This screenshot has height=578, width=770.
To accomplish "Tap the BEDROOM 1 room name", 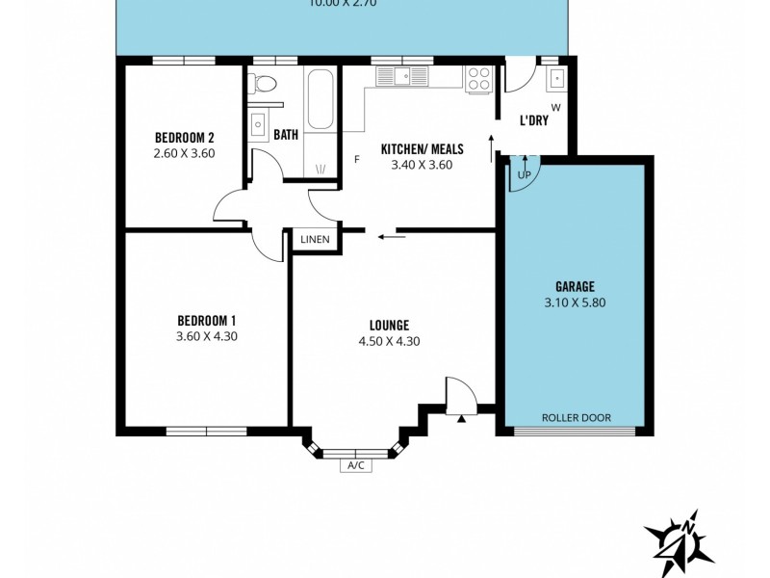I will (206, 320).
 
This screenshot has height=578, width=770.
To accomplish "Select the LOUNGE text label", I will (389, 325).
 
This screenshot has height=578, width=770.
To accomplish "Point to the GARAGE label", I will (575, 286).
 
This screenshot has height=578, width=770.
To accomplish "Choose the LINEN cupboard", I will (315, 240).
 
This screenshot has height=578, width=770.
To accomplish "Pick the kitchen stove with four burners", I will (478, 78).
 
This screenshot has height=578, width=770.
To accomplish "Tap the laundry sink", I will (556, 79).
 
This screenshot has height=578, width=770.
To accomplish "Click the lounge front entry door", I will (460, 397).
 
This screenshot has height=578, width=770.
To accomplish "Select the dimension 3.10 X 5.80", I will (575, 302).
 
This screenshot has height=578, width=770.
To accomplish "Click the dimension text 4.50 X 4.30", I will (389, 341).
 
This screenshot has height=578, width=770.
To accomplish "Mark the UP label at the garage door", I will (524, 174).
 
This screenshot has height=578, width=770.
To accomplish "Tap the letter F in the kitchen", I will (356, 159).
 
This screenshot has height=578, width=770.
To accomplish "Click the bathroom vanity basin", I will (259, 123).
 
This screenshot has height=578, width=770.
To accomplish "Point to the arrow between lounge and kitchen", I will (390, 234).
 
